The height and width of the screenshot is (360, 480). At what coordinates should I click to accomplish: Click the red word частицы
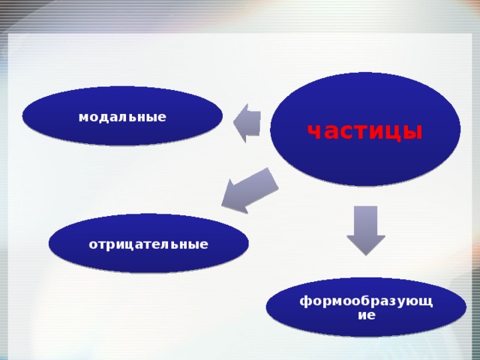tap(364, 131)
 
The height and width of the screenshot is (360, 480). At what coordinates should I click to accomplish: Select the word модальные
tap(122, 117)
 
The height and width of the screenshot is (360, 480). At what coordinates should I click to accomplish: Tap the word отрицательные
tap(148, 244)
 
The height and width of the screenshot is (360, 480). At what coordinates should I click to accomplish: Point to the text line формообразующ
tap(366, 301)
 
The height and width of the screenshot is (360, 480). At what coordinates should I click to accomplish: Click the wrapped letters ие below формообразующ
tap(366, 315)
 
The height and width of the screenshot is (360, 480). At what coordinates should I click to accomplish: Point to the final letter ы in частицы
tap(414, 132)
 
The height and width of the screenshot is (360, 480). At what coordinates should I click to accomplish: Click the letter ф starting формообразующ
tap(304, 301)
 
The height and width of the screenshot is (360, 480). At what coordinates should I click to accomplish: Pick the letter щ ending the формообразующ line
tap(428, 301)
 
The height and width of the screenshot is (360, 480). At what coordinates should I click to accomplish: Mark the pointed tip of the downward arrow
tap(365, 253)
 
